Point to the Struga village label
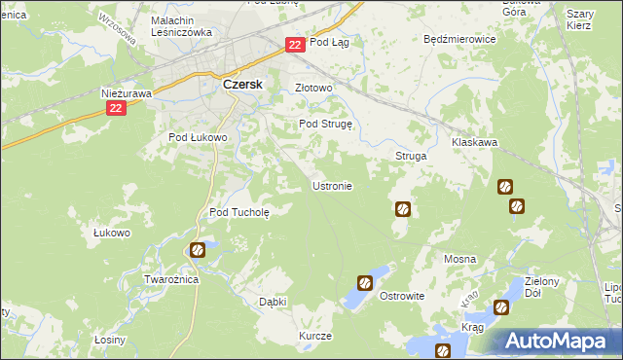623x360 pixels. click(x=410, y=156)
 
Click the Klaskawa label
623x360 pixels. click(x=475, y=142)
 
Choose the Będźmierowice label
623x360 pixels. click(x=460, y=40)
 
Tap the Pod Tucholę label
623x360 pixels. click(x=239, y=211)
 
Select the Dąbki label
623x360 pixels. click(x=273, y=302)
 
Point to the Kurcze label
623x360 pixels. click(x=315, y=336)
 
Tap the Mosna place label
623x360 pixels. click(x=459, y=259)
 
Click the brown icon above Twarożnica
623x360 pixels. click(x=198, y=250)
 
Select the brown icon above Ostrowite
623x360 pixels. click(x=364, y=283)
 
